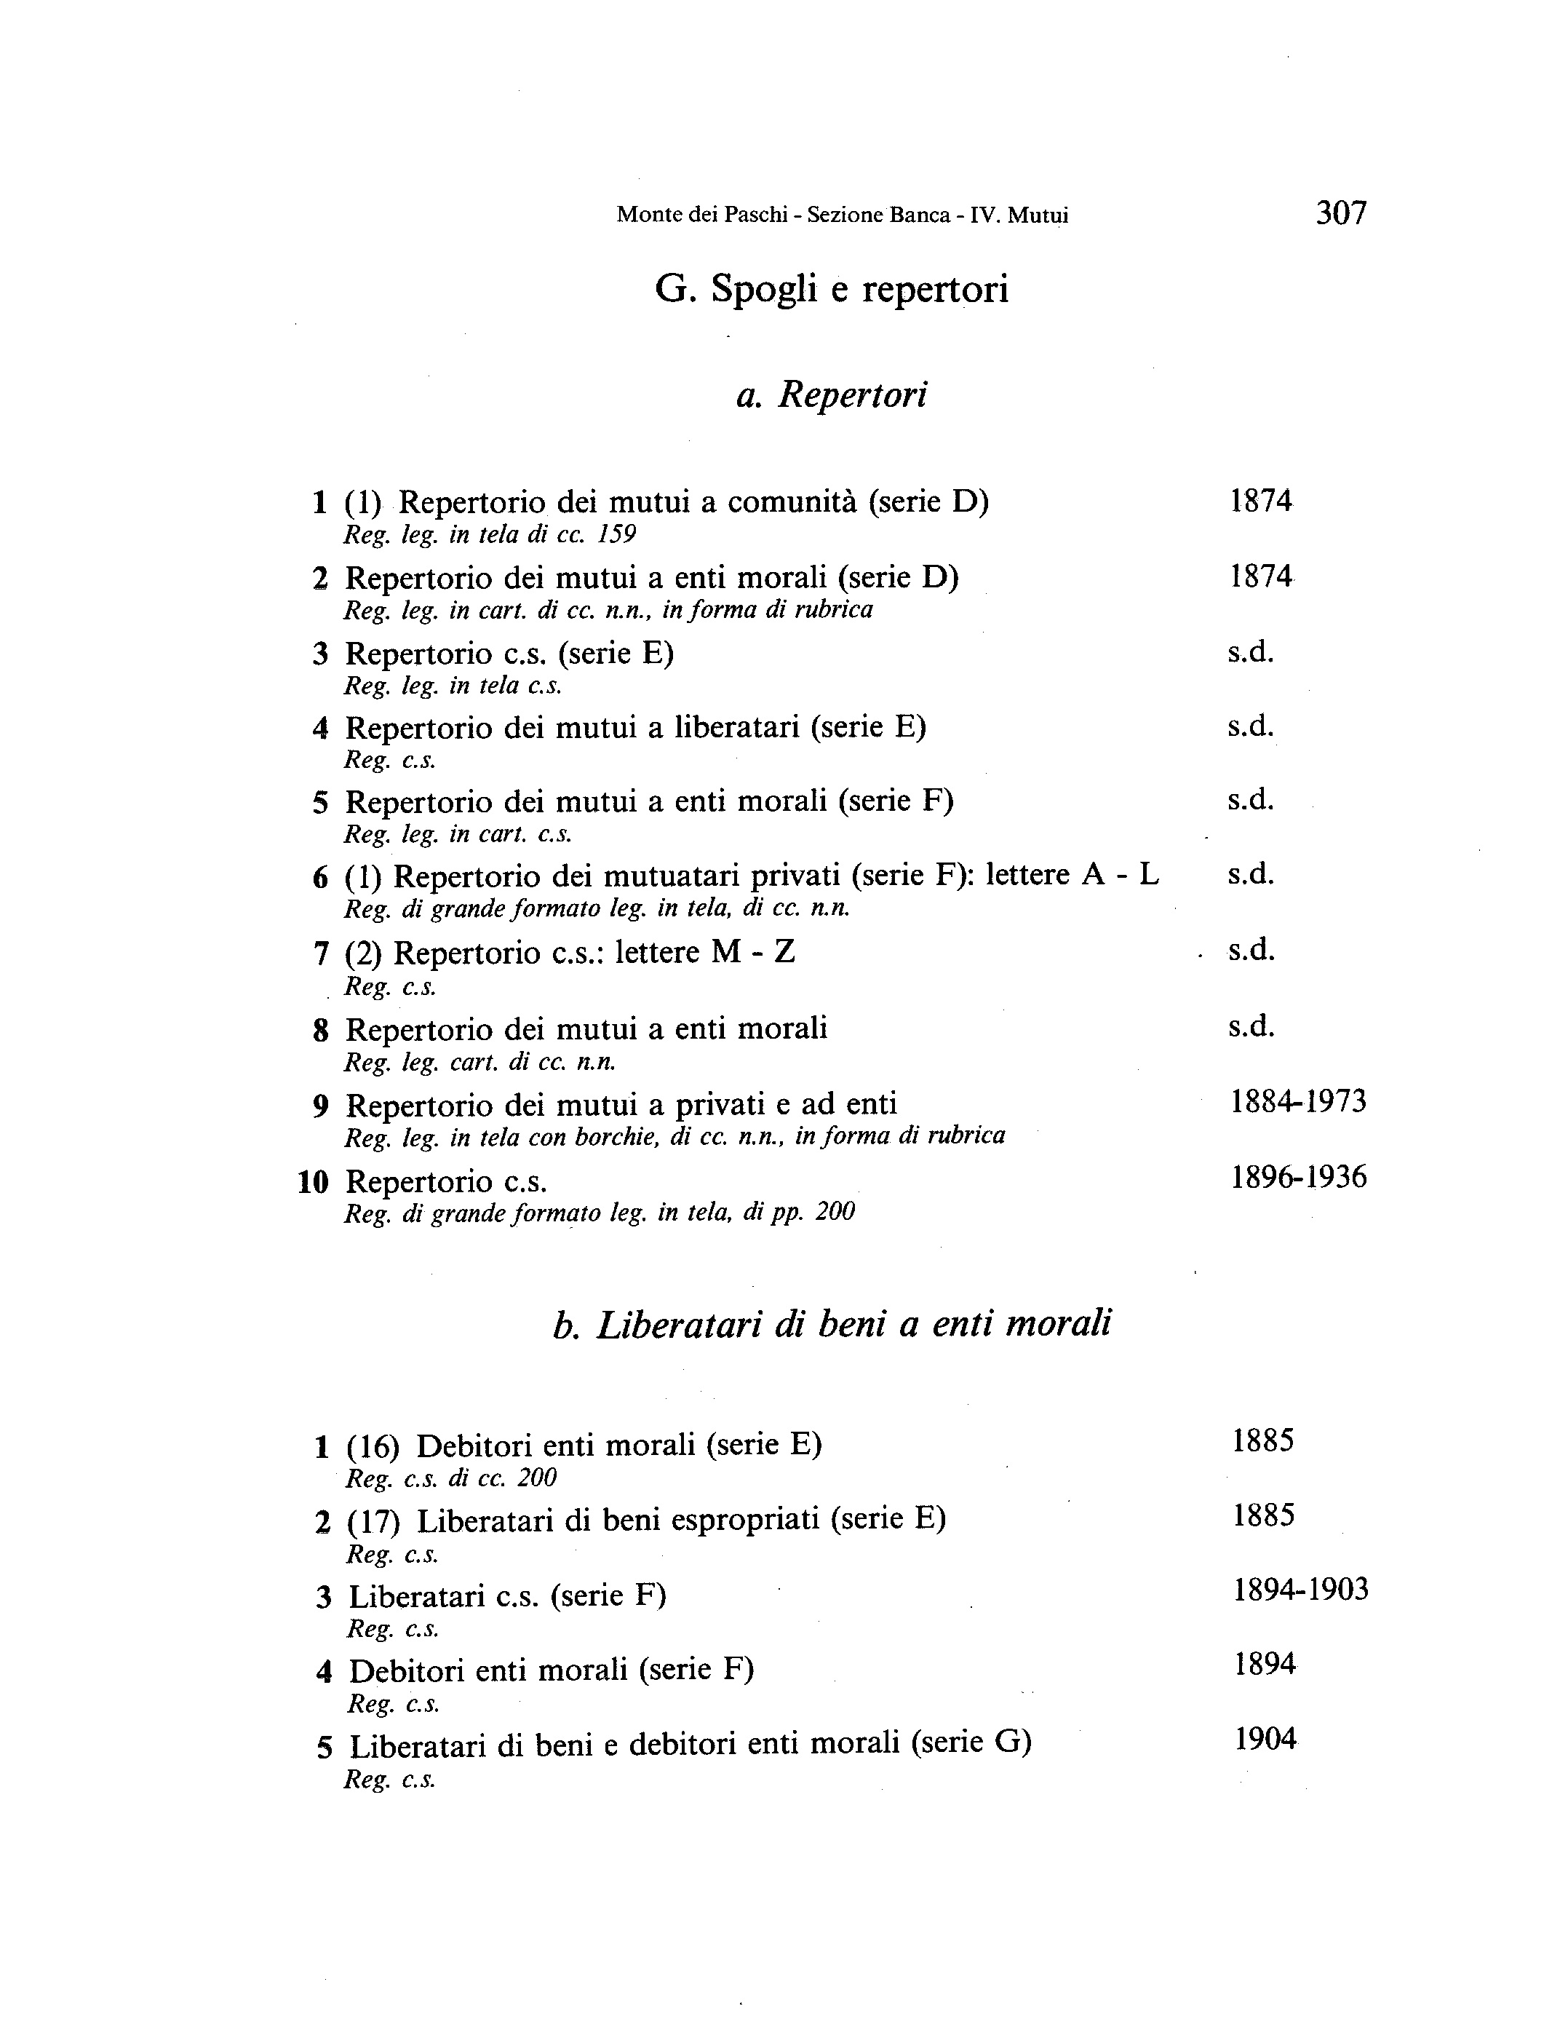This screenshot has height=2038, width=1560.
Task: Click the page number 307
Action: click(x=1341, y=214)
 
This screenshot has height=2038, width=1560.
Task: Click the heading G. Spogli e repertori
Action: click(x=831, y=290)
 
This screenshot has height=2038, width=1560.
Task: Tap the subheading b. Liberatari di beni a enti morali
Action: click(x=831, y=1325)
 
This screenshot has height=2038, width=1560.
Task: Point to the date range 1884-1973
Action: click(x=1298, y=1103)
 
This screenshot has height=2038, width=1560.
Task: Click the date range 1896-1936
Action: click(x=1298, y=1178)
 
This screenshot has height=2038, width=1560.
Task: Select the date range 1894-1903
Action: click(x=1300, y=1590)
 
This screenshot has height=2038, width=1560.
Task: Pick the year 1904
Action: click(x=1265, y=1739)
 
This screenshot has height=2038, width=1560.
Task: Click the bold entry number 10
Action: click(x=313, y=1183)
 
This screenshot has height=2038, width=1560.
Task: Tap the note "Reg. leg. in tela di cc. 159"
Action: click(x=490, y=535)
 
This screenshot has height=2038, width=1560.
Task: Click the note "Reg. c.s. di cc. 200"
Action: click(x=451, y=1478)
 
